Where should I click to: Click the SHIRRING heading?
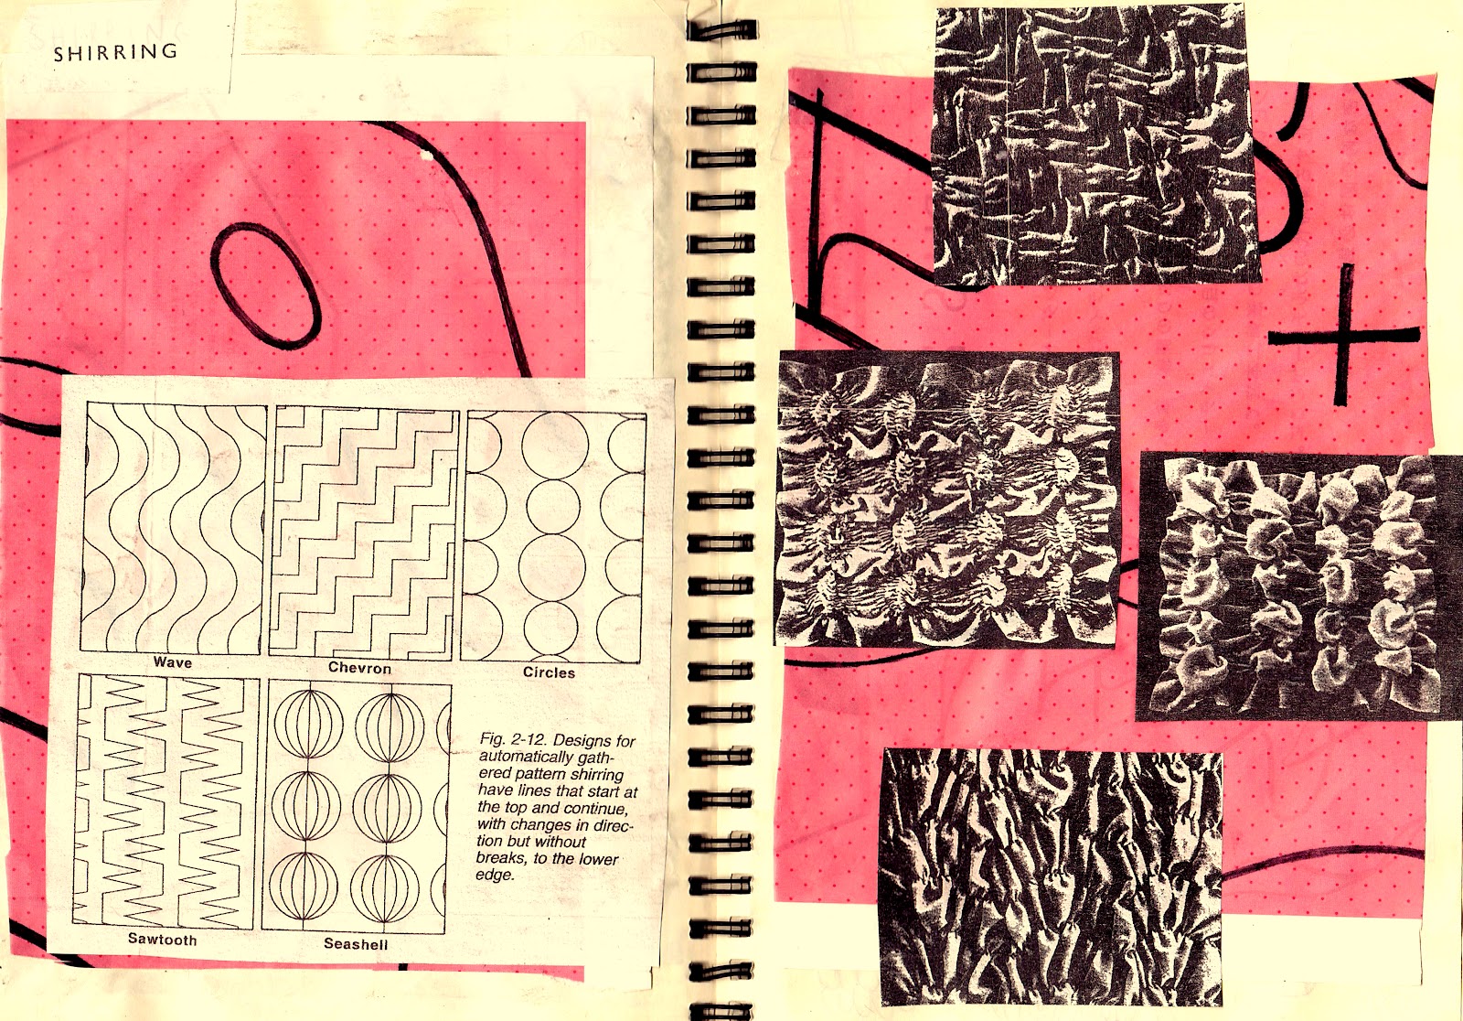pos(115,51)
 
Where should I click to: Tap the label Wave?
pos(173,662)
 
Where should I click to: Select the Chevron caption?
pos(360,668)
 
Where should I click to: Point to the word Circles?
pos(550,672)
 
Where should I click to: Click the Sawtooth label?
pos(162,940)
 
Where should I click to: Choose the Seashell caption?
pos(356,944)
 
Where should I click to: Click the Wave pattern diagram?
pos(174,528)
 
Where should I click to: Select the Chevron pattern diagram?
pos(365,532)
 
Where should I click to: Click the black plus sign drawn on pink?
pos(1343,336)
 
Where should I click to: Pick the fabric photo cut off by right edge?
pos(1299,586)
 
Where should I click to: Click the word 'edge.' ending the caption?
pos(495,875)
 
